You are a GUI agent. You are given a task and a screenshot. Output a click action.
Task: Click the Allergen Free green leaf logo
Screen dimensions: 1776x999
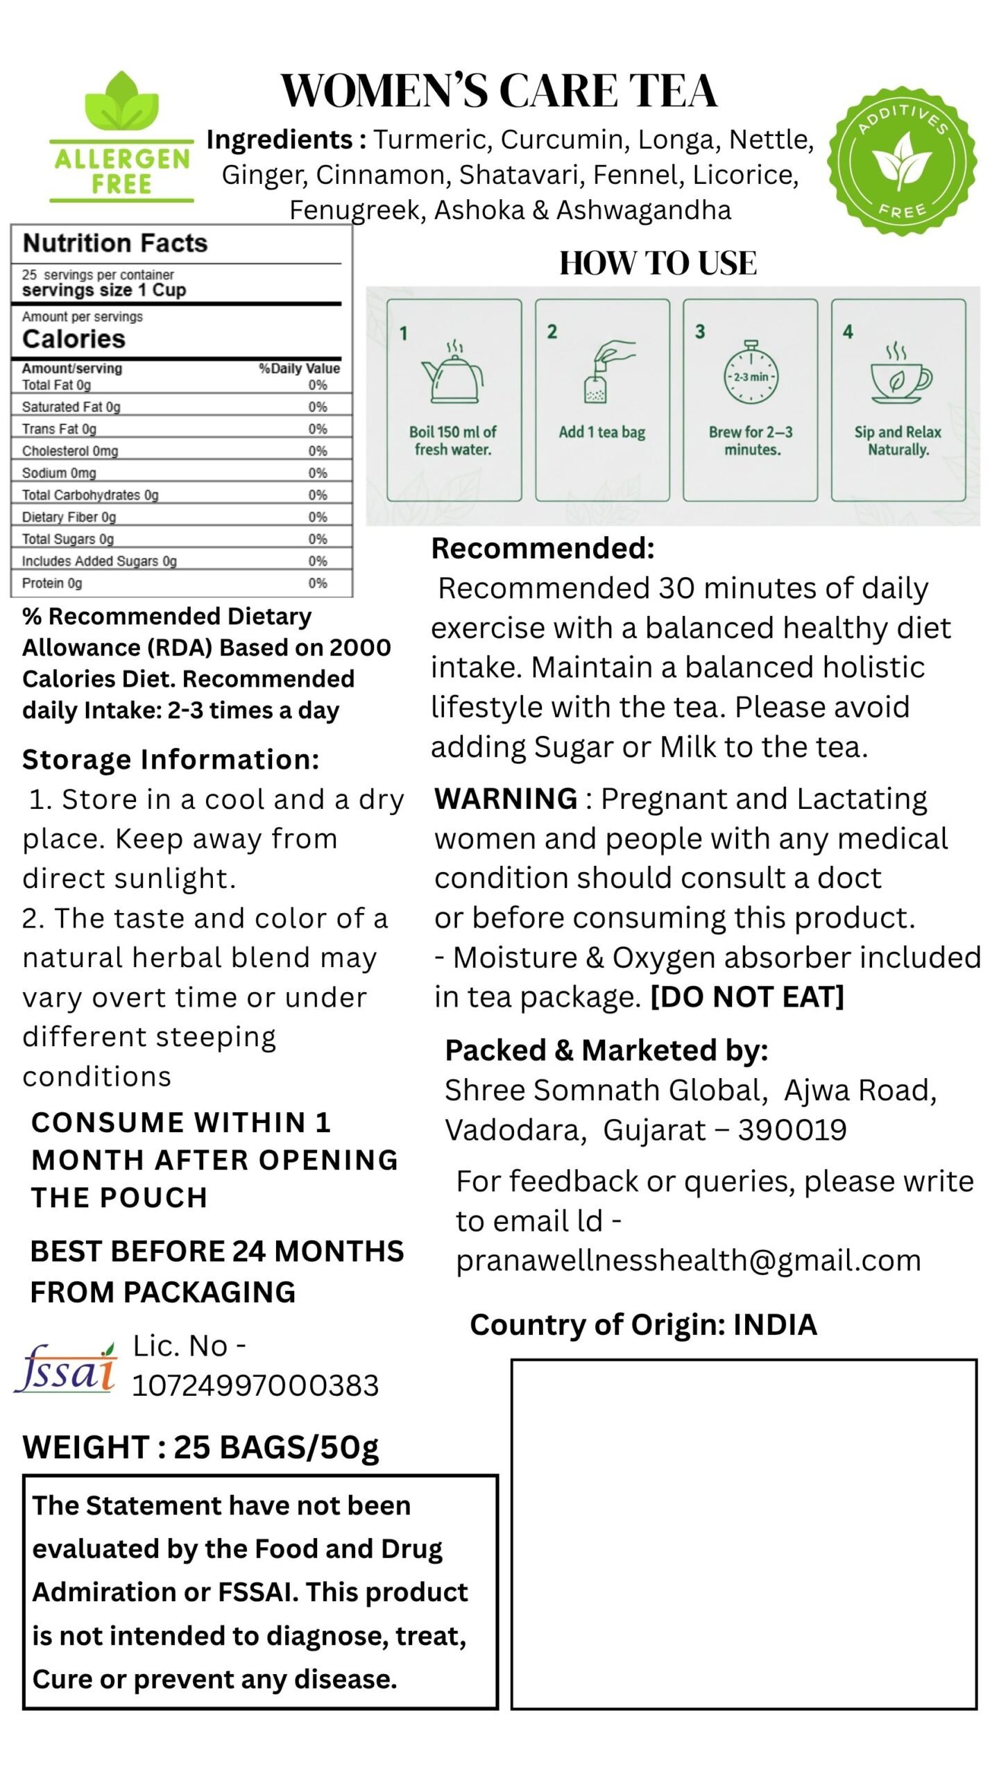121,137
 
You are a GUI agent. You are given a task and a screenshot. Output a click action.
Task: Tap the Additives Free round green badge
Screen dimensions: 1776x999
902,160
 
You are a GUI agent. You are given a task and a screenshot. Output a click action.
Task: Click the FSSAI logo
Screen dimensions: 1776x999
66,1367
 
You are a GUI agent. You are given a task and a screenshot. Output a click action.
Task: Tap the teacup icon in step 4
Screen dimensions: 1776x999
899,373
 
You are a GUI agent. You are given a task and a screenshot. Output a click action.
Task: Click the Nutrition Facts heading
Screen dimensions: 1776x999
115,244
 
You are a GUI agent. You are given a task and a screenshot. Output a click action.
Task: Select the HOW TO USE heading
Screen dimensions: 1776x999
658,264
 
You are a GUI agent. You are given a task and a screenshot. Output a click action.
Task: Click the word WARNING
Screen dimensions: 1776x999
506,799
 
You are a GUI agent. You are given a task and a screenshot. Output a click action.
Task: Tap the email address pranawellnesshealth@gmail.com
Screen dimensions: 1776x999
688,1261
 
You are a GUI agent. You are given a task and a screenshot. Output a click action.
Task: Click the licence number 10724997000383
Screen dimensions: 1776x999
255,1385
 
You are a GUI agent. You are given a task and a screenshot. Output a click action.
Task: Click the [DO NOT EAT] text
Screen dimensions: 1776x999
746,998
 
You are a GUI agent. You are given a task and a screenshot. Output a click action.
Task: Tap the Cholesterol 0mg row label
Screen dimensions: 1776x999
70,451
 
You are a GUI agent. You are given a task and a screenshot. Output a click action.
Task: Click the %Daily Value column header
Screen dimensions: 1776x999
299,368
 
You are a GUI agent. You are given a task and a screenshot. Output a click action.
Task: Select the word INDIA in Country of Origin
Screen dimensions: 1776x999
775,1325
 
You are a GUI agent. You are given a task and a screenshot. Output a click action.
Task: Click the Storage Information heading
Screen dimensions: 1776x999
171,760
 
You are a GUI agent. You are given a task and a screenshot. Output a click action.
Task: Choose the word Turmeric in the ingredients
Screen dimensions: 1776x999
433,140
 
